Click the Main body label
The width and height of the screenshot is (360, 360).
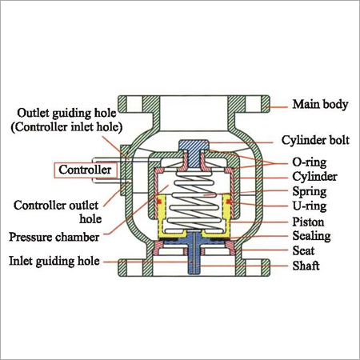click(x=320, y=104)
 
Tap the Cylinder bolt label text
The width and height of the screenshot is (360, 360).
click(x=315, y=140)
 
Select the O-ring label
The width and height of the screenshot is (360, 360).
click(x=310, y=162)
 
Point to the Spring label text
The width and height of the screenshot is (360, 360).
click(x=310, y=191)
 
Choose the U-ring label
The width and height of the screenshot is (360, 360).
click(x=310, y=206)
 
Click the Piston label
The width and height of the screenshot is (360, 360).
click(x=308, y=222)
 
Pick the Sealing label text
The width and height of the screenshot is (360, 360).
click(x=311, y=236)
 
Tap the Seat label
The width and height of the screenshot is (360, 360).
click(x=303, y=251)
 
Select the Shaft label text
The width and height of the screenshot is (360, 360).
click(x=306, y=266)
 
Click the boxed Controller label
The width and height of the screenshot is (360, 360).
click(x=86, y=170)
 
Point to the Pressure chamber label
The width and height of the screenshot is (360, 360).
click(x=54, y=237)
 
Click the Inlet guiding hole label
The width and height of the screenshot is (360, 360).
click(x=54, y=261)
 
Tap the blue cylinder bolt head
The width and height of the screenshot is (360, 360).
click(x=194, y=145)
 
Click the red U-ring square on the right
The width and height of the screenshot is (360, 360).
click(x=229, y=202)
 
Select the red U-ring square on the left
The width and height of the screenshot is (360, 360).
click(x=159, y=202)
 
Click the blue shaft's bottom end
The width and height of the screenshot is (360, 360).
click(x=194, y=273)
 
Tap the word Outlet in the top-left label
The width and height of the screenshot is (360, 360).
click(x=34, y=113)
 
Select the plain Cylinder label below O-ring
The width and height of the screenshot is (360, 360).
click(x=314, y=177)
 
